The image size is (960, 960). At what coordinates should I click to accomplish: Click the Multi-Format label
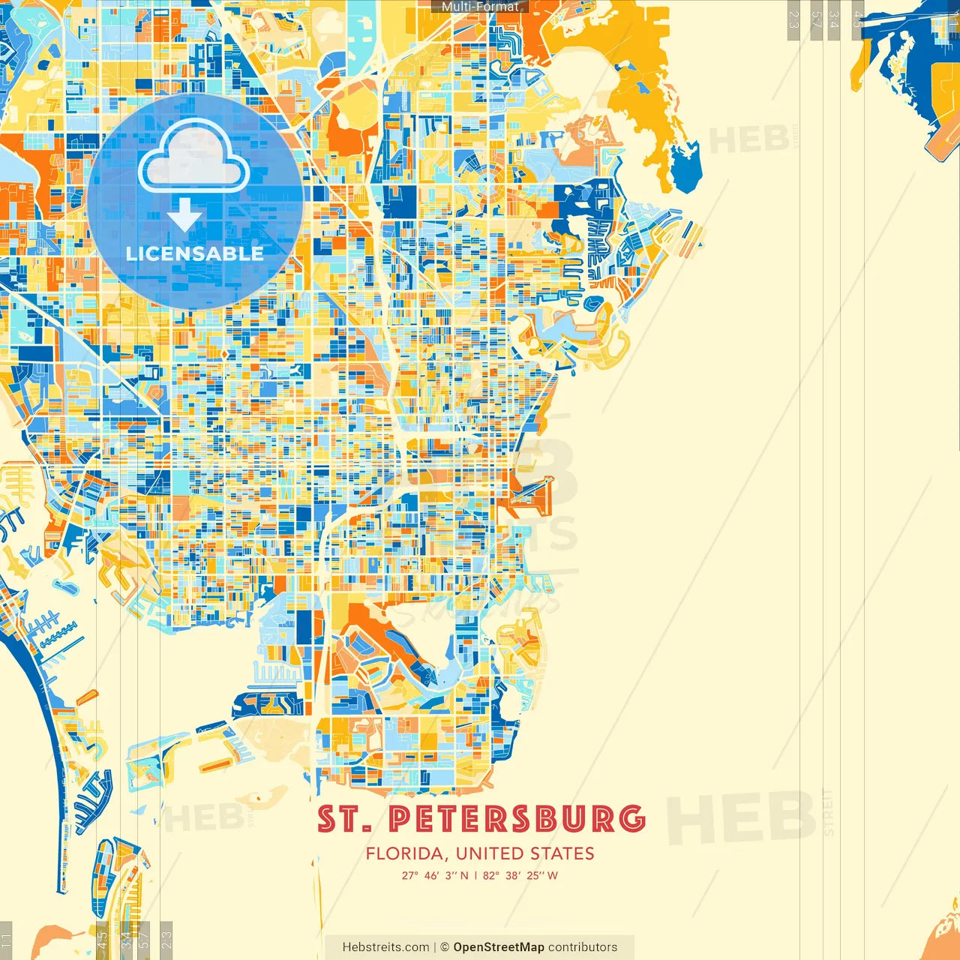(x=480, y=7)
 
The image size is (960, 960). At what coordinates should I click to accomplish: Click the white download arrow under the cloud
(x=184, y=214)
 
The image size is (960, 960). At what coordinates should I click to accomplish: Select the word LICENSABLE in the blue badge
(x=195, y=253)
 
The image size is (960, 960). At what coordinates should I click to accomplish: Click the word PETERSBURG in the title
(x=517, y=819)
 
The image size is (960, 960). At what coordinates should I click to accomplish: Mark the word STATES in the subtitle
(x=562, y=853)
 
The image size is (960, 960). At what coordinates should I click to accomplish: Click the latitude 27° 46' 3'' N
(x=435, y=875)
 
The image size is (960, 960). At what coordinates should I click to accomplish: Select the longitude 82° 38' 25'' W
(x=520, y=875)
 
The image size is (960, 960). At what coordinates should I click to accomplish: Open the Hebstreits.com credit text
(x=385, y=947)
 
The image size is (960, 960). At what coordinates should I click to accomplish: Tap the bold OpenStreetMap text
(x=499, y=947)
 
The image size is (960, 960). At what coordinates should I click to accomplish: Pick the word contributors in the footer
(x=583, y=947)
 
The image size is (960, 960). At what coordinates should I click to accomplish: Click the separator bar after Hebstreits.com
(x=435, y=947)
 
